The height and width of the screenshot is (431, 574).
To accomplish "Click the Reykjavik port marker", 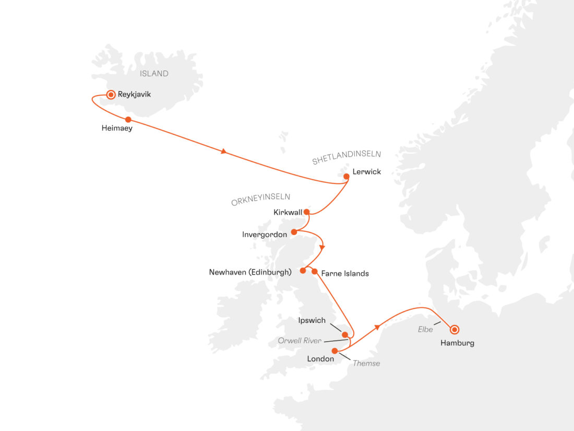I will [111, 95].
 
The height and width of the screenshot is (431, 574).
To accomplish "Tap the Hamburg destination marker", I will [455, 329].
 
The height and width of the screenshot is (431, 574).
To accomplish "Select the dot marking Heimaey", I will [128, 120].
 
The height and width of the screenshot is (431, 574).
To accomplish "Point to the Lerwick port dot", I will [346, 177].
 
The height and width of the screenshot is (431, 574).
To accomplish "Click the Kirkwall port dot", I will [306, 212].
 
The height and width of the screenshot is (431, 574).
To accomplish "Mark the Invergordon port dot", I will [294, 232].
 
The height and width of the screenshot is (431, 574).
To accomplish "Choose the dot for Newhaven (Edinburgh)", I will [303, 271].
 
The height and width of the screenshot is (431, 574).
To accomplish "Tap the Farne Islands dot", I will [315, 271].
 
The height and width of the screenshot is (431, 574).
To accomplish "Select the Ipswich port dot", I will [344, 334].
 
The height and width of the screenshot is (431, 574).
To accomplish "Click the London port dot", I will [334, 351].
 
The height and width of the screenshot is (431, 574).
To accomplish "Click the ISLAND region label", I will [154, 74].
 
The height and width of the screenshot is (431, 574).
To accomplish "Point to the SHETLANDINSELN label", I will [346, 157].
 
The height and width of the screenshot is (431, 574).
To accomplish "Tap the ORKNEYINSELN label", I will [260, 199].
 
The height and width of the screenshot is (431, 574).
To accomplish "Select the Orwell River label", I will [300, 341].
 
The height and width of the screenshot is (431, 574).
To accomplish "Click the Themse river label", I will [366, 363].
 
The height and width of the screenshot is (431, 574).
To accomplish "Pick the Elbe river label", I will [425, 330].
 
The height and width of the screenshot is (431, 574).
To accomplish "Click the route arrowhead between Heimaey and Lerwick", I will [224, 152].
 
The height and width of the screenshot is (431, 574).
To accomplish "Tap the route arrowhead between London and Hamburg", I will [376, 328].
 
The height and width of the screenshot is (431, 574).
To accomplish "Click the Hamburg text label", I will [457, 343].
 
